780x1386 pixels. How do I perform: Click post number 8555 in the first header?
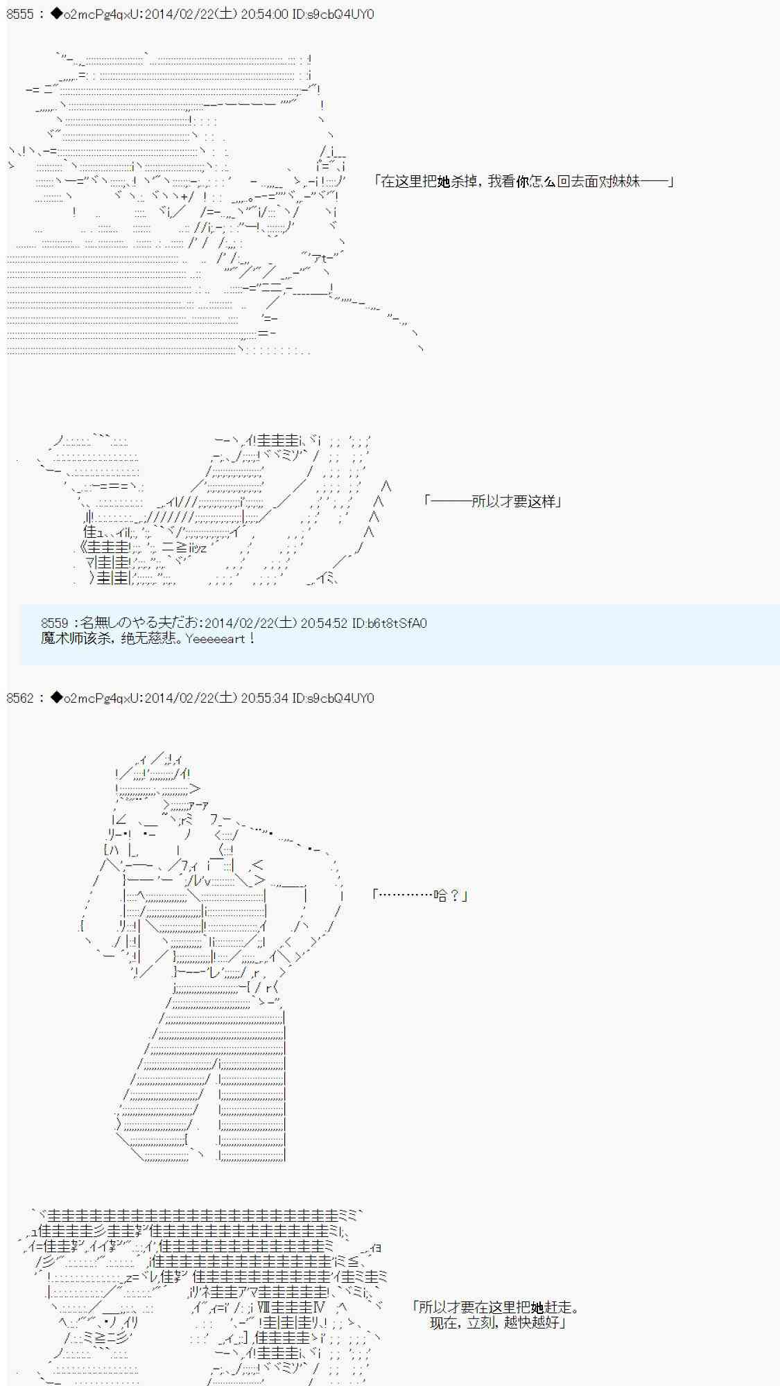pos(19,14)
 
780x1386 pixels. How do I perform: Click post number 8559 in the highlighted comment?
pos(55,623)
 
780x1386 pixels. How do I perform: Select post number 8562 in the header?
pos(19,698)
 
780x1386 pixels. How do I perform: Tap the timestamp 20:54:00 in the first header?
pos(264,14)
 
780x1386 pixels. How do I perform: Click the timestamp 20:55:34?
pos(264,698)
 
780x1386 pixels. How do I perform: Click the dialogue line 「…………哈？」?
pos(419,895)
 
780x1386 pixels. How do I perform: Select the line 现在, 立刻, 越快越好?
pos(494,1322)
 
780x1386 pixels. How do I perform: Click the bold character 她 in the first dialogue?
pos(444,182)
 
